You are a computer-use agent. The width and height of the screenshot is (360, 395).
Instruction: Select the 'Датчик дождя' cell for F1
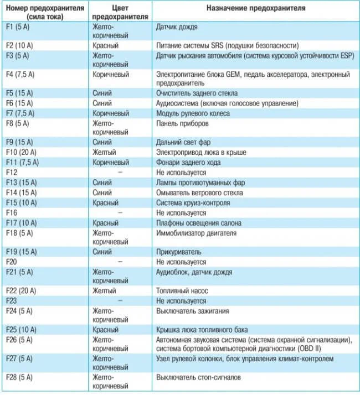click(177, 27)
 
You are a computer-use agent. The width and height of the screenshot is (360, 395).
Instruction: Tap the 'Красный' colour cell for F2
click(105, 45)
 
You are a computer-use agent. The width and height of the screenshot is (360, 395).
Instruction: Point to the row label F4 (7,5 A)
click(22, 74)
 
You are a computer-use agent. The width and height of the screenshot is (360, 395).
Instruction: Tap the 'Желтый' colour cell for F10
click(104, 152)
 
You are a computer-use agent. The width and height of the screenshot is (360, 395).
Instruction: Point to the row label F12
click(12, 172)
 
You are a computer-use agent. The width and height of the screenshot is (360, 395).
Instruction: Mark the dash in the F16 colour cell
click(119, 212)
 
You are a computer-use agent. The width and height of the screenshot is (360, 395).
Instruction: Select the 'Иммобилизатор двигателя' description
click(197, 233)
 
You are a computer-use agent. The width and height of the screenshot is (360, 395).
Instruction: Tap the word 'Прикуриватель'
click(179, 251)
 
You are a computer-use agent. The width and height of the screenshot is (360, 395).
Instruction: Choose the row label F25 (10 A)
click(22, 330)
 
